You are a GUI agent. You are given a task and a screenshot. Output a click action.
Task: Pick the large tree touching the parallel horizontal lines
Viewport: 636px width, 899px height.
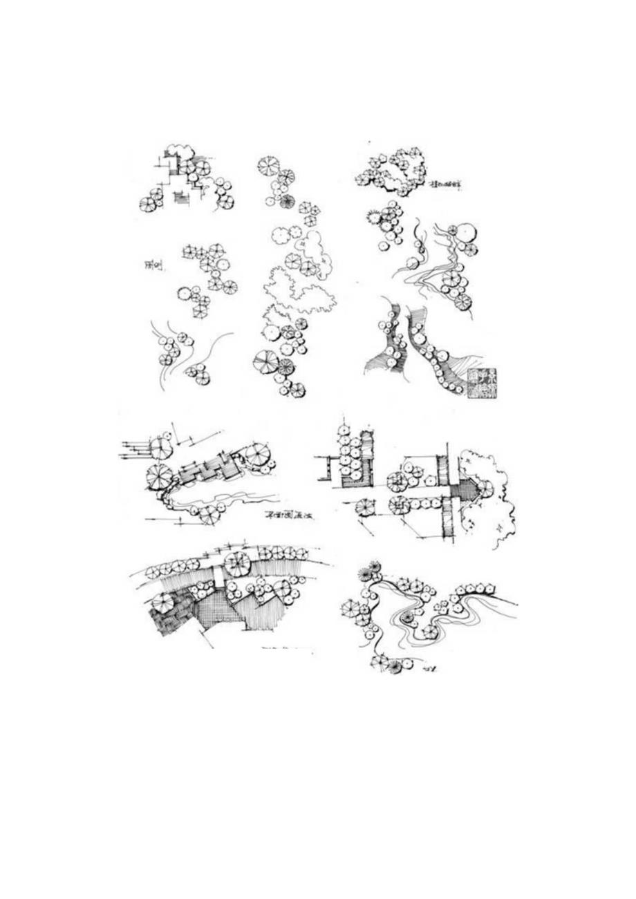[161, 448]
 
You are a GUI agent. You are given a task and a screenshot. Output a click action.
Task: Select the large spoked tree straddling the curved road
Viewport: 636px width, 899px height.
[237, 565]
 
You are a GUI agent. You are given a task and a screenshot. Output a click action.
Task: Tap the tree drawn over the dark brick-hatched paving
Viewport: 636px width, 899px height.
[165, 603]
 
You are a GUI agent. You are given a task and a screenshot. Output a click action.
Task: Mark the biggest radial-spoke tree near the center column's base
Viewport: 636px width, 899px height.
[265, 361]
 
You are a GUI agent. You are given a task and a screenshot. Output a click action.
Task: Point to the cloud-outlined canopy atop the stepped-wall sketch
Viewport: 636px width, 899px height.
[181, 152]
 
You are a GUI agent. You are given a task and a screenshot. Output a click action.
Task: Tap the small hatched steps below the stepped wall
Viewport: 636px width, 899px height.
[181, 199]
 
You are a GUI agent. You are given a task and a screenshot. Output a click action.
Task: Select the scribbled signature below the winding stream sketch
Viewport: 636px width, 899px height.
[433, 668]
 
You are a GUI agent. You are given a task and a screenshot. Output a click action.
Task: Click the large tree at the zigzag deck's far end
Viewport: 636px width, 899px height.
[257, 454]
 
